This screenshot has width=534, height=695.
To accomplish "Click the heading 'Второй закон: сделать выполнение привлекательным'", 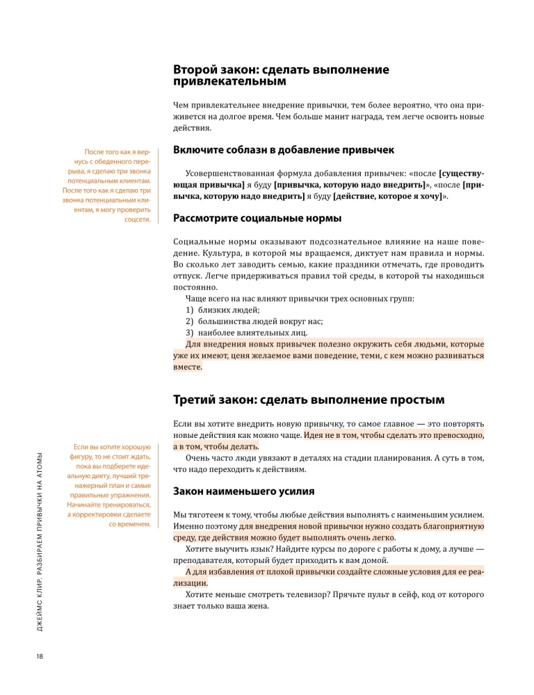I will coord(281,76).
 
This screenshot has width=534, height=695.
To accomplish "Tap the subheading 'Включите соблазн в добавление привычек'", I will coord(284,149).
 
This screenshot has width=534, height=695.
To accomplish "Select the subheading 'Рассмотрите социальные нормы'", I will coord(257,219).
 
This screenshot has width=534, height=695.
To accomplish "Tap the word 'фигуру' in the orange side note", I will coord(88,457).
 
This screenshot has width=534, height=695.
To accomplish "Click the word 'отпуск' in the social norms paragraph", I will coord(188,276).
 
